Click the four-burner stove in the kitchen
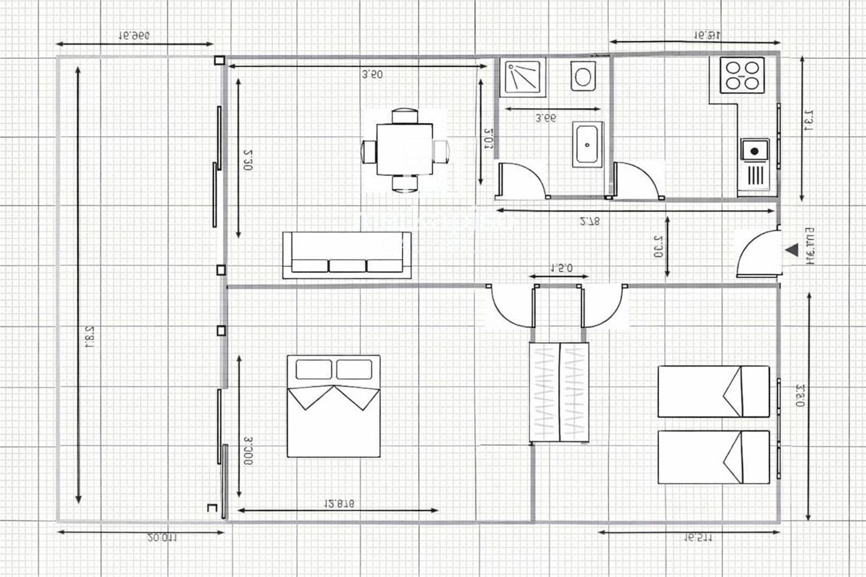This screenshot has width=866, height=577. point(742,75)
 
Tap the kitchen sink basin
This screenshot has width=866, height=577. point(755,150)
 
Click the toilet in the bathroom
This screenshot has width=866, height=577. point(582,76)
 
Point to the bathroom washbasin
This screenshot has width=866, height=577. point(588,144)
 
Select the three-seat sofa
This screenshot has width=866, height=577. point(347,255)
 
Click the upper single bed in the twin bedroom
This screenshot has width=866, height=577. point(713,392)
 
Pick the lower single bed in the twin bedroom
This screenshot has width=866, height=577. point(713,457)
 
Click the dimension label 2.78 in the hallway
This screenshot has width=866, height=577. point(589,221)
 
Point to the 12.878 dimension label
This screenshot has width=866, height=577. point(339,503)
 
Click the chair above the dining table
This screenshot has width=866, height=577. point(405,116)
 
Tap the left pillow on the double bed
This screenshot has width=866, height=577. point(314,369)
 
